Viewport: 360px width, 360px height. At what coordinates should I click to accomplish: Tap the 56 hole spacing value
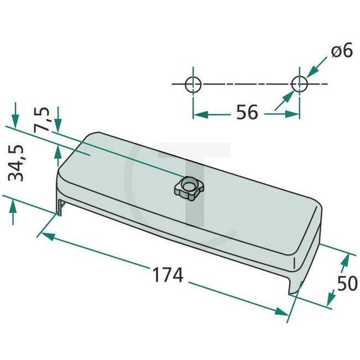246,112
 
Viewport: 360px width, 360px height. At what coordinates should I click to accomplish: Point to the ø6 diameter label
342,51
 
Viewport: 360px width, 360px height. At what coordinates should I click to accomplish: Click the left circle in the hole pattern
193,84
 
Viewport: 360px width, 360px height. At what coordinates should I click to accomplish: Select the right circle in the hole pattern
299,84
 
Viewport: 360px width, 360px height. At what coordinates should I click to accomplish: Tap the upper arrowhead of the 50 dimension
348,260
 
